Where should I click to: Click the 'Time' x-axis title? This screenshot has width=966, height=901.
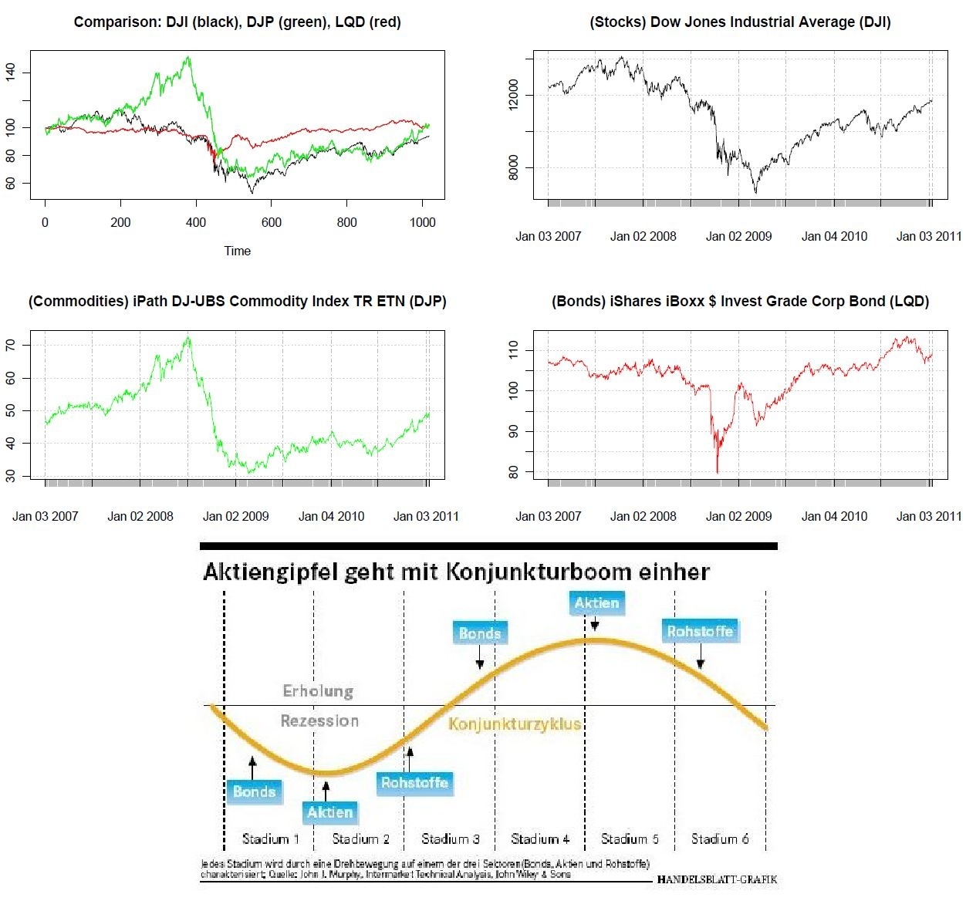pos(237,251)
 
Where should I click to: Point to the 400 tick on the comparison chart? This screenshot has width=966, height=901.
pos(196,222)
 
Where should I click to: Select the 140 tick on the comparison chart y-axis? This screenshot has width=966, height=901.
pos(10,73)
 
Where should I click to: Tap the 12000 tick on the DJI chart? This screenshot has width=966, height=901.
pos(513,95)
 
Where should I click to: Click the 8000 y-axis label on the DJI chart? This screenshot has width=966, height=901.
pos(513,167)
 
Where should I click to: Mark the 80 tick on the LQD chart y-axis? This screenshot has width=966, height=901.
pos(513,471)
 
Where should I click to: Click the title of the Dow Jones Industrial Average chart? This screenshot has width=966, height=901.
pos(740,22)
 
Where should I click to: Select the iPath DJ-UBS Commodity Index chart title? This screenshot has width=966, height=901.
pos(237,302)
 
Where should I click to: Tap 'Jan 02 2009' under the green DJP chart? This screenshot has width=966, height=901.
pos(236,516)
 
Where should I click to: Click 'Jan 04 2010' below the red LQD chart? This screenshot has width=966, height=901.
pos(834,516)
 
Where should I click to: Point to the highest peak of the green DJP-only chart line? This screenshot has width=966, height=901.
pos(187,337)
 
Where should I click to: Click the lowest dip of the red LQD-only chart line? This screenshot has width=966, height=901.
pos(718,471)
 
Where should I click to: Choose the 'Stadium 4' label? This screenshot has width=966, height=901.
pos(540,839)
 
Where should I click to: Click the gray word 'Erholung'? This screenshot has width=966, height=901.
pos(318,691)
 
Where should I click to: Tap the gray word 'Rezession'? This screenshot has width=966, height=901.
pos(319,721)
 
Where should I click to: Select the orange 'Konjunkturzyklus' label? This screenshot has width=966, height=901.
pos(515,724)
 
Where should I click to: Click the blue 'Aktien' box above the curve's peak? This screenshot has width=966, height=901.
pos(596,603)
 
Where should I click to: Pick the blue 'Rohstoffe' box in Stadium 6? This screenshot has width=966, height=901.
pos(700,632)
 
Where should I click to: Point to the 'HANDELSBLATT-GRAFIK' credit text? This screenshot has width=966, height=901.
pos(717,879)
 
